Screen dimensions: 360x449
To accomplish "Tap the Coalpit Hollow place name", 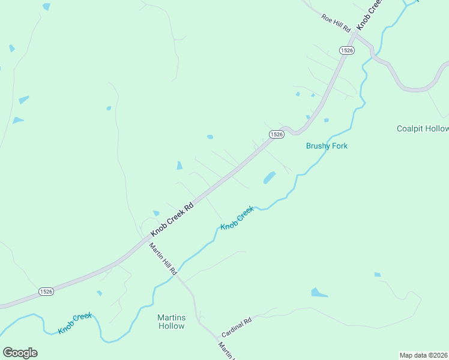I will coord(423,129).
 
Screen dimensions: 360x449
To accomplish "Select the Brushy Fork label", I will coord(327,146).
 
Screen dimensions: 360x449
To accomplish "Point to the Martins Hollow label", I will coord(171,322).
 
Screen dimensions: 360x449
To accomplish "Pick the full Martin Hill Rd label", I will coord(163,259).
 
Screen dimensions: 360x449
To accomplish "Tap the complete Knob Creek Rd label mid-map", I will coord(172,218).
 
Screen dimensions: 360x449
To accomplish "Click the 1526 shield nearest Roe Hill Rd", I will coord(346,50).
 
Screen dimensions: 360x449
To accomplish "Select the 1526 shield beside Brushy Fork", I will coord(276,134).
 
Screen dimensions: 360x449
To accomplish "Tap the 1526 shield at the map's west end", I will coord(46,292).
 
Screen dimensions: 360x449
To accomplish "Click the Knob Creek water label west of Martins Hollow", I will coord(76,324).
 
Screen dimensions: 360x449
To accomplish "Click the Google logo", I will coord(20,353).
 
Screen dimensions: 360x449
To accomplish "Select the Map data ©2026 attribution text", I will coord(423,355).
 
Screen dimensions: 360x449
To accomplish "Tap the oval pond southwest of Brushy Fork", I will coord(269,178).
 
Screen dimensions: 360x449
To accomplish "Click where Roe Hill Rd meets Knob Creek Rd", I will coord(354,34).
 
